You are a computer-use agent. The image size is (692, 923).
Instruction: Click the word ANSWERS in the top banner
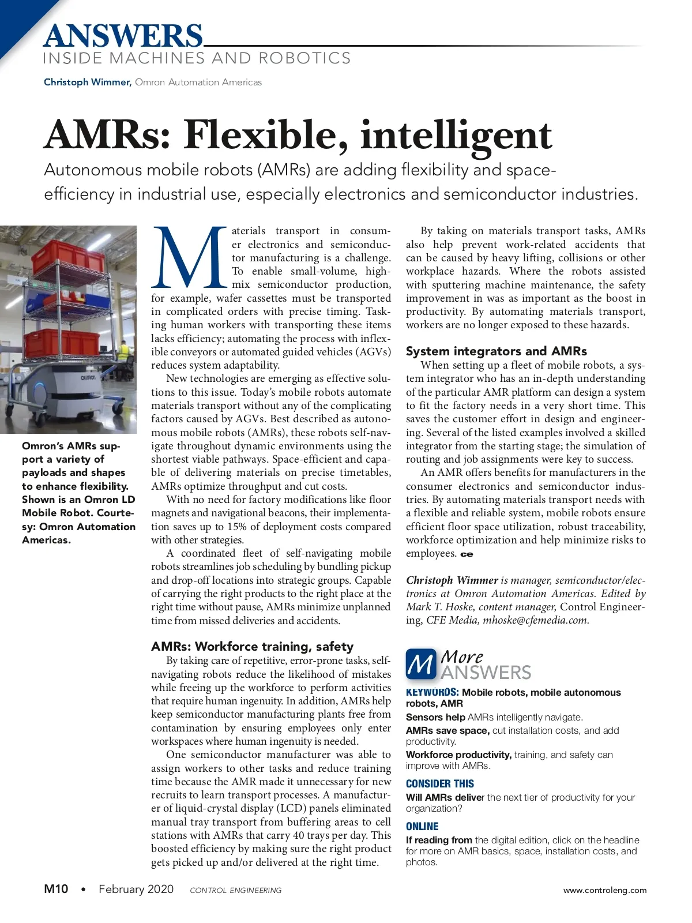click(123, 36)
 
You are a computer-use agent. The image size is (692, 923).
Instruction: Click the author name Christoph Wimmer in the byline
click(87, 82)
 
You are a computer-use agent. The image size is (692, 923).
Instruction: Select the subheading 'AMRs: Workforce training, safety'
click(252, 646)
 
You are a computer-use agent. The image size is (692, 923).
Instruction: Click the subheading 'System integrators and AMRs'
click(496, 351)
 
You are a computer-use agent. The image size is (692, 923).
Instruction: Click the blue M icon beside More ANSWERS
click(421, 665)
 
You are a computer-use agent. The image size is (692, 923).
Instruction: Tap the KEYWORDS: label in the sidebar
click(432, 692)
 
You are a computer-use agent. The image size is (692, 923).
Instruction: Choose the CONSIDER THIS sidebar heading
click(439, 783)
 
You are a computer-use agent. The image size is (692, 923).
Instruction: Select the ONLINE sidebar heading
click(422, 826)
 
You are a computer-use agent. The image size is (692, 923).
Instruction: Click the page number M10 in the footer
click(56, 889)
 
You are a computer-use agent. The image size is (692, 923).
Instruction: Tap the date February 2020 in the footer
click(136, 889)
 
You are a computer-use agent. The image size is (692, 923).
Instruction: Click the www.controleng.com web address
click(605, 890)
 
